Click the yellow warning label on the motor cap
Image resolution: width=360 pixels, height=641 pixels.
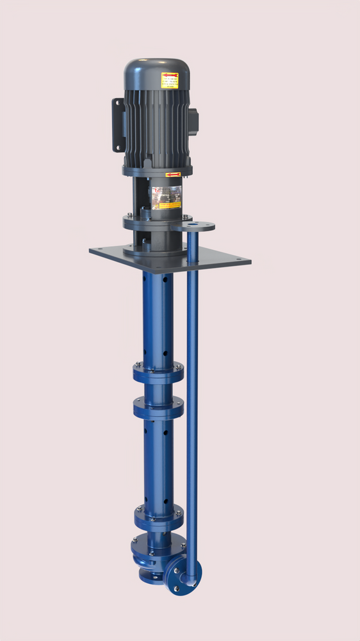coord(170,80)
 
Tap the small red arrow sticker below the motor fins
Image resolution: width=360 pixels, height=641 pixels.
coord(172,174)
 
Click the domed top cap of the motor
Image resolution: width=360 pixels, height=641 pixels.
coord(157,69)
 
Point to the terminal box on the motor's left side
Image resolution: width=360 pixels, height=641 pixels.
coord(119,124)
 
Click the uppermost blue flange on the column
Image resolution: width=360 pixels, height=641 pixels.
coord(158,371)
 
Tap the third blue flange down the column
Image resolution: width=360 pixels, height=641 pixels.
coord(158,514)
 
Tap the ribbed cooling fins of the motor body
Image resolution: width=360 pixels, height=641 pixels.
coord(157,125)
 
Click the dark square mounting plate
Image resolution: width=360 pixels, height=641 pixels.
coord(211,258)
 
